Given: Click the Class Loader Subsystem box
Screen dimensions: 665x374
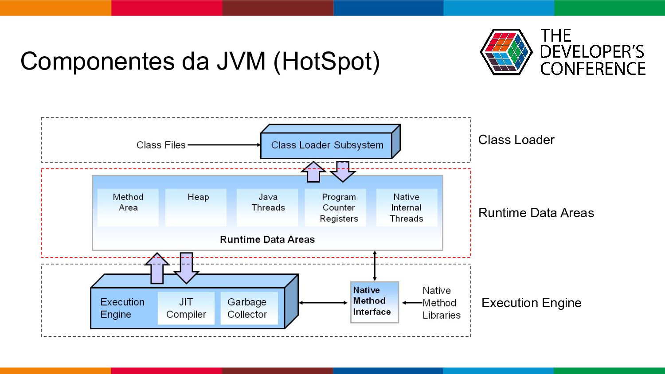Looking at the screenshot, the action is (x=330, y=142).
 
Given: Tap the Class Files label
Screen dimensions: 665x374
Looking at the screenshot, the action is (x=161, y=145).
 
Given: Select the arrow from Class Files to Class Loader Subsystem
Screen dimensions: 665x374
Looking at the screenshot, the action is (x=224, y=145).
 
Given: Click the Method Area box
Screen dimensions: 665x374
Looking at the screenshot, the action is (x=128, y=207).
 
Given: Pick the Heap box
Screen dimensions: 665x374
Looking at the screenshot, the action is (x=196, y=207).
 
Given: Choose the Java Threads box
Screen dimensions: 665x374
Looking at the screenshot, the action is (x=267, y=207).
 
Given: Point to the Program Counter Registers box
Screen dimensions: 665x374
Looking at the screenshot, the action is (x=336, y=207).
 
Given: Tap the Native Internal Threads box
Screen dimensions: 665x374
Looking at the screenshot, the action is (x=407, y=207).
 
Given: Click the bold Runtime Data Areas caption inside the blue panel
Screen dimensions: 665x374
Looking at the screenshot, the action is (x=267, y=240).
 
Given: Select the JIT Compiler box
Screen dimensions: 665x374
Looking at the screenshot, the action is (x=186, y=308).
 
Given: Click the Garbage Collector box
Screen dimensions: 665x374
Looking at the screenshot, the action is (x=249, y=308).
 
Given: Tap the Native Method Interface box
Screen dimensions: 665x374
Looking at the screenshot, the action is (x=375, y=302).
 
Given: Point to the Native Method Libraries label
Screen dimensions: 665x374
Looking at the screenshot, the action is (x=442, y=303).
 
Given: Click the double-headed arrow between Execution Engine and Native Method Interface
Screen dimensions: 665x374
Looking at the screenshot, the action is (x=323, y=303).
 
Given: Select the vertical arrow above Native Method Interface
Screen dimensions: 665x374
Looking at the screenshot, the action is (x=375, y=266).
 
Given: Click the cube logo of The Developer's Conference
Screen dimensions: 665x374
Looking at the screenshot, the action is (x=506, y=52).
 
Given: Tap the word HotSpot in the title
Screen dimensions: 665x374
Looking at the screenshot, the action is (x=326, y=62).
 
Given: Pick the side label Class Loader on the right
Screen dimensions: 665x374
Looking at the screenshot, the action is (x=516, y=140).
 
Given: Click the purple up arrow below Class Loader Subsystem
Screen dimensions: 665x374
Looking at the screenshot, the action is (x=313, y=172).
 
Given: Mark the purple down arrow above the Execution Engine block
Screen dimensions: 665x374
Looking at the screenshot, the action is (x=187, y=268).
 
